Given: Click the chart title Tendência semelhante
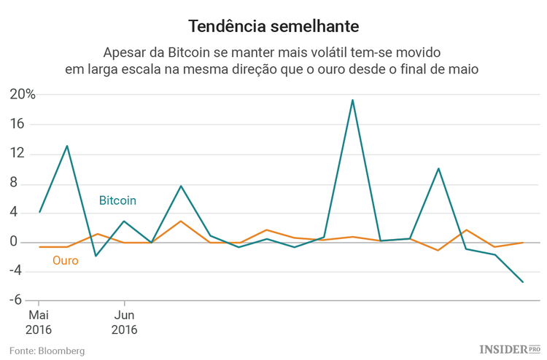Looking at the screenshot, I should [x=273, y=26].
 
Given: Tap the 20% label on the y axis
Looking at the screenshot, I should [x=22, y=95].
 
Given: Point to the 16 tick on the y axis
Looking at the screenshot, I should [x=18, y=125].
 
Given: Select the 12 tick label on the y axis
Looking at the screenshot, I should [x=18, y=154].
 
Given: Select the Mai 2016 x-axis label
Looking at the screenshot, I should [x=39, y=322].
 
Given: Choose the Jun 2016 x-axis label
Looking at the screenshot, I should [x=124, y=322].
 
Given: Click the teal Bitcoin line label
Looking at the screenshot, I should [x=117, y=200].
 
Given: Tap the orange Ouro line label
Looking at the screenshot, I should [x=66, y=260].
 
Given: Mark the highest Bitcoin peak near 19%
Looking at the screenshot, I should [x=352, y=100].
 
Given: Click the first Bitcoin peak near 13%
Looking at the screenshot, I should [x=67, y=146].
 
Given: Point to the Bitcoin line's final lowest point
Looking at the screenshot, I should [x=523, y=282].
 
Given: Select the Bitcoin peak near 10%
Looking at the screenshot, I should [x=438, y=168].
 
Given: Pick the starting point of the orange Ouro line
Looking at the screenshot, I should [x=39, y=247].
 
